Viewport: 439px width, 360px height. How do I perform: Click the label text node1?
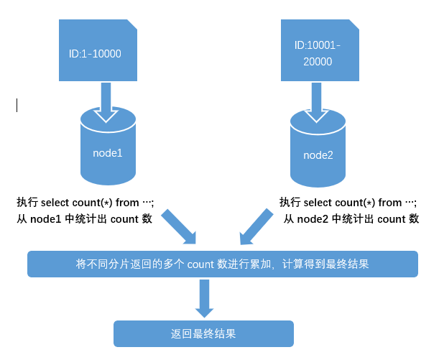point(108,153)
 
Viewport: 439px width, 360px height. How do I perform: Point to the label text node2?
point(318,154)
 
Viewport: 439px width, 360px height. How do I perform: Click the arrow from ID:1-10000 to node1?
point(107,101)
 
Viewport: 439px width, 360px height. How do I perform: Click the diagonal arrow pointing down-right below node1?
point(180,227)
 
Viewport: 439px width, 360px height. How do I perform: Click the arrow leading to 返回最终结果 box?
point(205,297)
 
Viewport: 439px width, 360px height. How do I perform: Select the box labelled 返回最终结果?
point(204,334)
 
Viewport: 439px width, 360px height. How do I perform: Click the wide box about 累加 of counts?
point(222,264)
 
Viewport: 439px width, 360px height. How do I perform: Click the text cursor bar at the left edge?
point(17,106)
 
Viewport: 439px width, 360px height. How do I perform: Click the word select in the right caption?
point(319,203)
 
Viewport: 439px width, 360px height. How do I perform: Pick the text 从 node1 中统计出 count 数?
point(84,219)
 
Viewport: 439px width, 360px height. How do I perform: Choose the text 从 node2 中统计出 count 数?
point(351,219)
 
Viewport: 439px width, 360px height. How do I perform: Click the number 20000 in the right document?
point(317,62)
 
